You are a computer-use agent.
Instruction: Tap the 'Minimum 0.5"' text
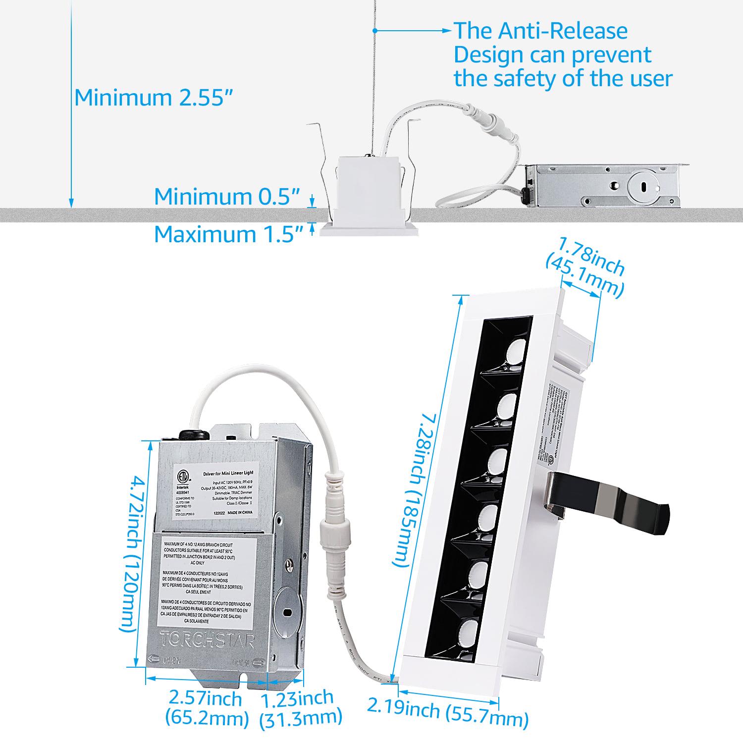pyautogui.click(x=227, y=197)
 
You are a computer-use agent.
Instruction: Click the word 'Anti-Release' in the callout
pyautogui.click(x=563, y=31)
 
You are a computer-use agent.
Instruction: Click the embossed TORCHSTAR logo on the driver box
pyautogui.click(x=207, y=639)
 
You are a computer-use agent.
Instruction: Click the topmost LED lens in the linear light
pyautogui.click(x=515, y=352)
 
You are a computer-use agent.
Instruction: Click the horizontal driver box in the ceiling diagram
pyautogui.click(x=602, y=186)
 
